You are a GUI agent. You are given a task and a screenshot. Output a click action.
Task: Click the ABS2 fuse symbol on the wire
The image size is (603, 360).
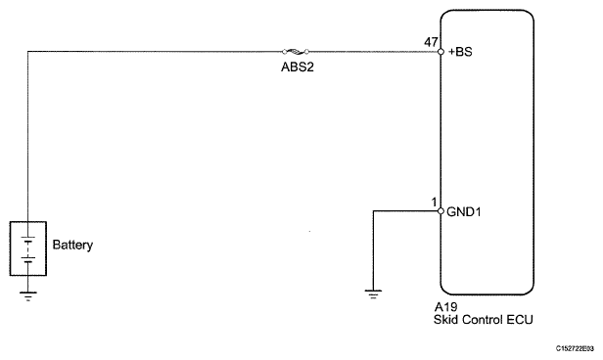[x=296, y=51]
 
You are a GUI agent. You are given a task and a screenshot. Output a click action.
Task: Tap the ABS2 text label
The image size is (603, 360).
[x=295, y=69]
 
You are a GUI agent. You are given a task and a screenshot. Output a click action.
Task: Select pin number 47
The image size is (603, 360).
[x=429, y=42]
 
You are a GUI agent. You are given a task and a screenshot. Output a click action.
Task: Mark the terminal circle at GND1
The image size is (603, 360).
[x=441, y=210]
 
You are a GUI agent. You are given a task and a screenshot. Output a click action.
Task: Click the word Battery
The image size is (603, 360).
[x=72, y=246]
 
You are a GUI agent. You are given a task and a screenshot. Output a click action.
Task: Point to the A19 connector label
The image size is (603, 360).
[x=444, y=306]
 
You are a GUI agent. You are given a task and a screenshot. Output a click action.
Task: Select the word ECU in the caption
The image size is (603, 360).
[x=520, y=319]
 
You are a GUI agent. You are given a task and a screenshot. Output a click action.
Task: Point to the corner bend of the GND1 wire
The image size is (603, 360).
[x=372, y=210]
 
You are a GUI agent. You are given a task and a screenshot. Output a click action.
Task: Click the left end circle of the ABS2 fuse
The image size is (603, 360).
[x=285, y=51]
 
